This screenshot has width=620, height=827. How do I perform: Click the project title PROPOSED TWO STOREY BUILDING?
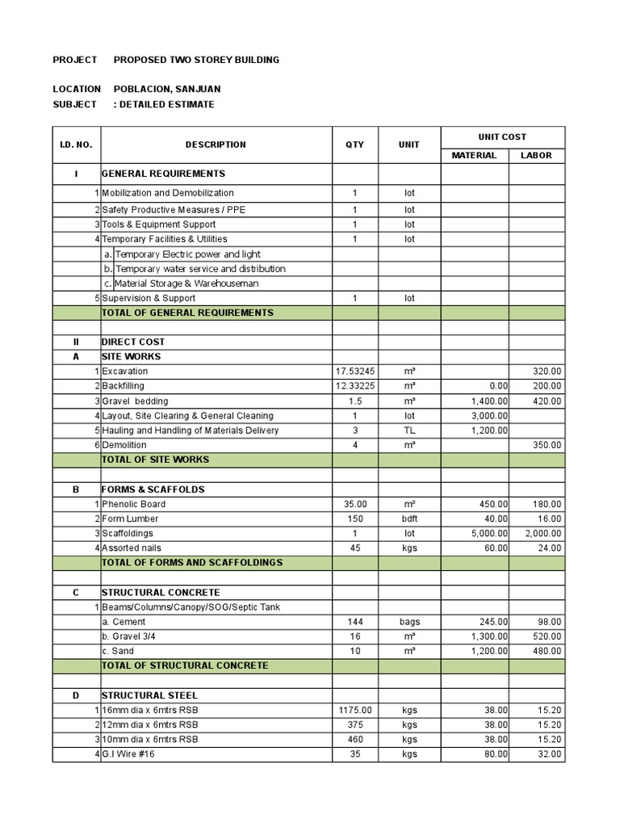196,60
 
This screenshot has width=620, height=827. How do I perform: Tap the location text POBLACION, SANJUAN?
167,89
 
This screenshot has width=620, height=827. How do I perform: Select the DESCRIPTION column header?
216,145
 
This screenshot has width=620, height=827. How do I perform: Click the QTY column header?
355,145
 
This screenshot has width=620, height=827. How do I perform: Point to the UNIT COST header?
503,136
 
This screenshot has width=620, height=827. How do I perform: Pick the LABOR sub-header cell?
536,155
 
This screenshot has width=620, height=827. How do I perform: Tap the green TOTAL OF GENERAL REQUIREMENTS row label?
187,313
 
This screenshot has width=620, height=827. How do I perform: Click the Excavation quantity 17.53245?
355,372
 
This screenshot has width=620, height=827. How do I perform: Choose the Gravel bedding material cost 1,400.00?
490,401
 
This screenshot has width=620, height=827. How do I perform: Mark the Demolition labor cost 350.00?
547,445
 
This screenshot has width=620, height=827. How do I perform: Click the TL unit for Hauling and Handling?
409,430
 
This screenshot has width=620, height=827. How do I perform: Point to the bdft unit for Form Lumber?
409,518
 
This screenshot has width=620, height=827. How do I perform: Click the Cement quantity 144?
355,622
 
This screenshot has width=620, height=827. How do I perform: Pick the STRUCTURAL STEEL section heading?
149,695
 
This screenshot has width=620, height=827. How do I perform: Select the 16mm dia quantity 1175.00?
355,710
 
